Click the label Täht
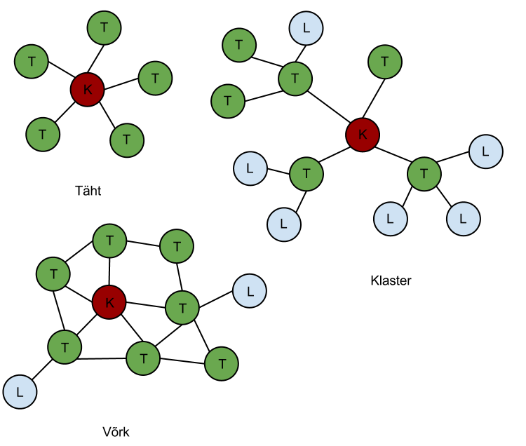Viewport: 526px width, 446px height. (88, 190)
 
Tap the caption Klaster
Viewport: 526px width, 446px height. (391, 281)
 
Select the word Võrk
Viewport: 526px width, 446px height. (116, 432)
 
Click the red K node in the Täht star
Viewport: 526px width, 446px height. (87, 89)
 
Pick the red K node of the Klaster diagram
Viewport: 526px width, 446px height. (363, 134)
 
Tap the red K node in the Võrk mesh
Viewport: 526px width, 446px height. (109, 303)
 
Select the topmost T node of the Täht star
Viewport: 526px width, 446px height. (104, 27)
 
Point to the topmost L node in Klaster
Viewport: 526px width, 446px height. (305, 28)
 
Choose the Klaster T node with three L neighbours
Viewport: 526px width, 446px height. (424, 173)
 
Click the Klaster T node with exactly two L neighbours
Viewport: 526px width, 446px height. (306, 173)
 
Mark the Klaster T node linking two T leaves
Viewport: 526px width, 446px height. (295, 78)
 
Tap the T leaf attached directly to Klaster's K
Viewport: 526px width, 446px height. (385, 62)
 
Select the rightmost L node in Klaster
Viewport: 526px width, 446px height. (485, 151)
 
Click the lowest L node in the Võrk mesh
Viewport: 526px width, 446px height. (20, 392)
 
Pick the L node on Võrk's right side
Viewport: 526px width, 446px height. (249, 290)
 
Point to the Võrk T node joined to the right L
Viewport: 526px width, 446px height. (182, 307)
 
